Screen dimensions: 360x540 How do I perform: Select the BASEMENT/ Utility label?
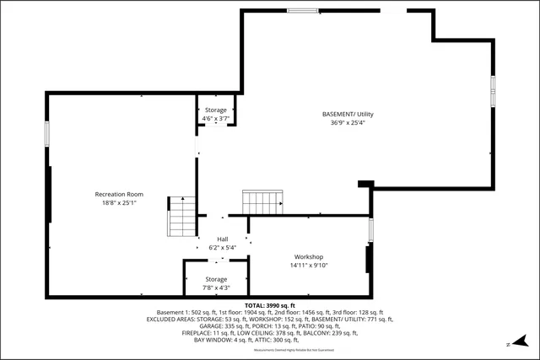click(x=348, y=114)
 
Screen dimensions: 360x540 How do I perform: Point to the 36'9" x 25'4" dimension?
click(x=348, y=122)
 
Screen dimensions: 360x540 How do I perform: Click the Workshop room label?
click(x=309, y=257)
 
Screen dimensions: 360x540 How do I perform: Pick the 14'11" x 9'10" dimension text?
click(x=309, y=266)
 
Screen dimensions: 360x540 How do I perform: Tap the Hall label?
click(x=223, y=239)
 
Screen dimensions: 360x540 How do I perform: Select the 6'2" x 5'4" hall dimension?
click(x=223, y=248)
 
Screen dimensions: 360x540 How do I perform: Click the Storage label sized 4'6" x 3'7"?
click(x=216, y=110)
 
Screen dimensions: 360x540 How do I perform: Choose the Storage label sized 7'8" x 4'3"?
click(x=217, y=279)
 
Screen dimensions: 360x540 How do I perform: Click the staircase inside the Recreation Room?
click(x=182, y=217)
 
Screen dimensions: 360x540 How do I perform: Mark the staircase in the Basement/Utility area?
click(x=262, y=202)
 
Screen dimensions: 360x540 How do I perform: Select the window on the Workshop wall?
click(x=370, y=230)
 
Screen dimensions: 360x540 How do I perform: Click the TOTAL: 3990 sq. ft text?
click(x=270, y=304)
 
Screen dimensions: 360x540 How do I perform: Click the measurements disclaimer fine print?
click(x=270, y=348)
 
